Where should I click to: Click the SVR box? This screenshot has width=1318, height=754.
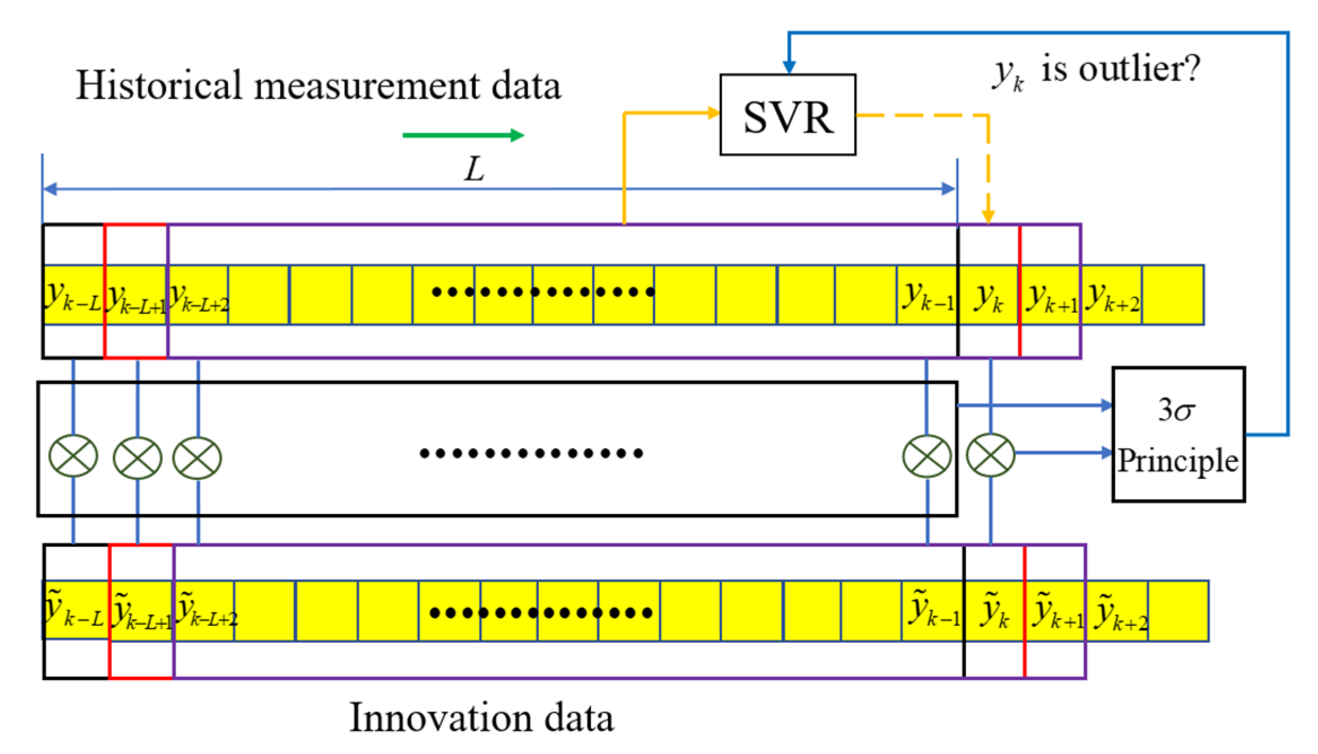click(x=788, y=115)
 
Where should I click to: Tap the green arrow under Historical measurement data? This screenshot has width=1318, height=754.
click(x=463, y=135)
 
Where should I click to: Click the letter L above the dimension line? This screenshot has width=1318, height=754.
click(x=475, y=168)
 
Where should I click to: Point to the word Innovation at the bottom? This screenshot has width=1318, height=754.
click(x=441, y=718)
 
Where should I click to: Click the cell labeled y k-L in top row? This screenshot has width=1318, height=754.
click(x=73, y=295)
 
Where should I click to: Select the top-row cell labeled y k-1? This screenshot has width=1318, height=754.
click(x=928, y=295)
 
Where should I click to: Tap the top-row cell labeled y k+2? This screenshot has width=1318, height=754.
click(x=1112, y=295)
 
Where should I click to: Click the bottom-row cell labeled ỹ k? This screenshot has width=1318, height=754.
click(x=994, y=611)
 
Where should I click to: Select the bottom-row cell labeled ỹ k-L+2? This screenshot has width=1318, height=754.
click(x=205, y=611)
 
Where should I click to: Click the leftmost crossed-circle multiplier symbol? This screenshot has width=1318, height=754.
click(x=73, y=456)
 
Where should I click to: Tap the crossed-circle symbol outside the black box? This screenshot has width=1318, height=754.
click(x=990, y=455)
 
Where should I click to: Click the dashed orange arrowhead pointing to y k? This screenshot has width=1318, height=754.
click(x=988, y=216)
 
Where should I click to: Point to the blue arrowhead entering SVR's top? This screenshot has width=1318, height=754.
click(x=789, y=67)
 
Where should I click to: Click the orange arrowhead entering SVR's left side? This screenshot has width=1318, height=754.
click(x=714, y=113)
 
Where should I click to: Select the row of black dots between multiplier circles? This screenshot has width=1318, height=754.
click(x=531, y=453)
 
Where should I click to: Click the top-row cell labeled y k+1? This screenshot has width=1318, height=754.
click(x=1050, y=295)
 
